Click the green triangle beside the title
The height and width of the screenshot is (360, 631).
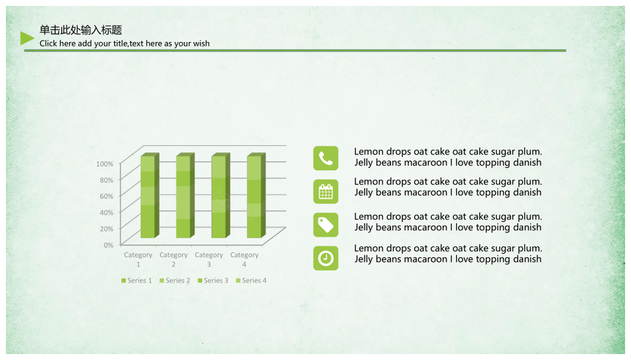(x=26, y=38)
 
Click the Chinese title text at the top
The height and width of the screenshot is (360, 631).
(x=80, y=30)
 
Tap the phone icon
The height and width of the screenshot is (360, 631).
(x=325, y=158)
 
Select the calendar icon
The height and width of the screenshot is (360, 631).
(x=325, y=191)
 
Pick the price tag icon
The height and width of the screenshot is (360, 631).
(x=325, y=225)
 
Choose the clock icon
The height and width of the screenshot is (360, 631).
(x=325, y=258)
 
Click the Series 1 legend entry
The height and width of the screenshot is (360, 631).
(x=137, y=281)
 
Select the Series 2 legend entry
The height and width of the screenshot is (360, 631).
(x=175, y=281)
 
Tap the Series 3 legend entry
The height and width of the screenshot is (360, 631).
(x=213, y=281)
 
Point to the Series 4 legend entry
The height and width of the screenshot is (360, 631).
(x=251, y=281)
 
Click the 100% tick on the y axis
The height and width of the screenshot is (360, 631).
(x=105, y=164)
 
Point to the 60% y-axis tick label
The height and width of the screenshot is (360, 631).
(x=106, y=196)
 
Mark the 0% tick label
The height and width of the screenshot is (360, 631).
(x=108, y=245)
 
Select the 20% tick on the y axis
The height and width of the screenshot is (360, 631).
(x=106, y=229)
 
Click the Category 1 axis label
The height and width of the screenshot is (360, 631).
(x=138, y=259)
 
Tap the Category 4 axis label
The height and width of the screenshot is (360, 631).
(x=245, y=259)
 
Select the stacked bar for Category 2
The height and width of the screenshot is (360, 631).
(x=185, y=196)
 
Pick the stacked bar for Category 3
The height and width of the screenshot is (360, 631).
(x=221, y=196)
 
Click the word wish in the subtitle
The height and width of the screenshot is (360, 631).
(x=201, y=43)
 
